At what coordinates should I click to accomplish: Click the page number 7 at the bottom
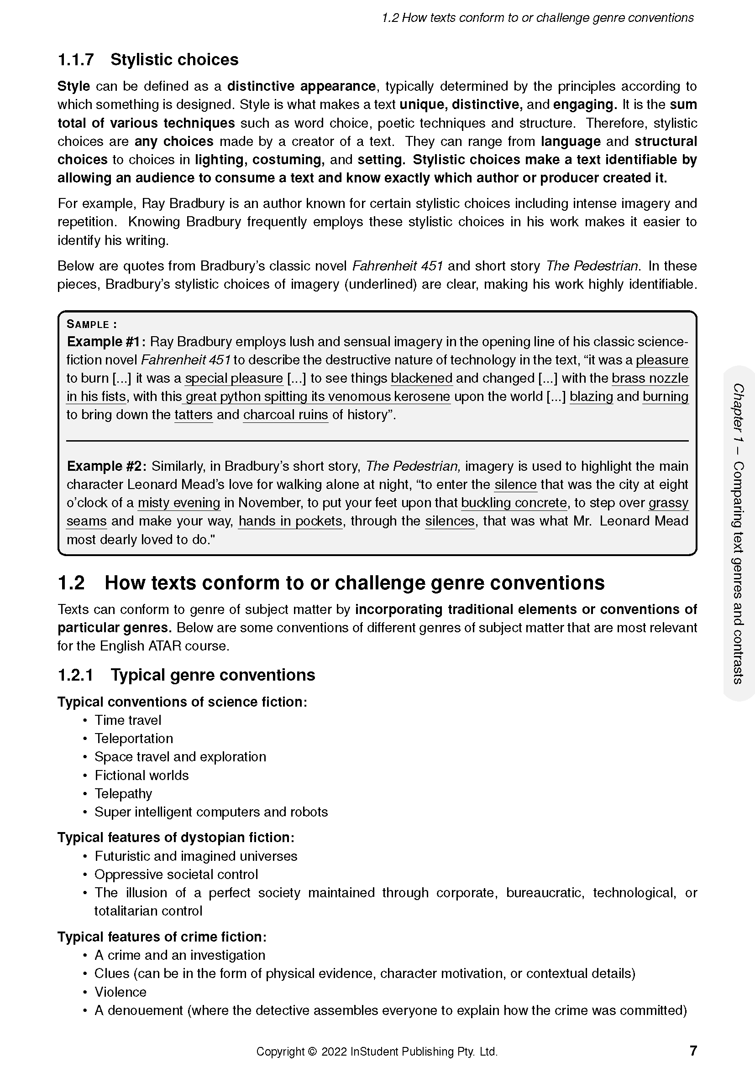coord(693,1050)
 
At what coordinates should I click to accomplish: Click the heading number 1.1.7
coord(76,59)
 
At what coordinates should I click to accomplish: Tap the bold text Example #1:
coord(106,342)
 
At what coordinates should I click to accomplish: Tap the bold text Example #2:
coord(107,466)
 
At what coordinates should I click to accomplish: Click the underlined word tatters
coord(194,415)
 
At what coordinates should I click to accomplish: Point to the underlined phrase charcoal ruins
coord(285,415)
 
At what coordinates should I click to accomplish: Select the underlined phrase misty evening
coord(179,503)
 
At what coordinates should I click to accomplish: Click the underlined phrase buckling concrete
coord(514,503)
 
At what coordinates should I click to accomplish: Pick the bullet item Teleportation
coord(133,739)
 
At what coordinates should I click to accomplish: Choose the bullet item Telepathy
coord(123,794)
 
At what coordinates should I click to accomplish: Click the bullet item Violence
coord(121,992)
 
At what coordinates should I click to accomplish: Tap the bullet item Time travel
coord(128,720)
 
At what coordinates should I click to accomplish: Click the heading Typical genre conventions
coord(212,675)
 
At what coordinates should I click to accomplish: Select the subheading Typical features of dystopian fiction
coord(176,838)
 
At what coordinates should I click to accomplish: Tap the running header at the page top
coord(537,18)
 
